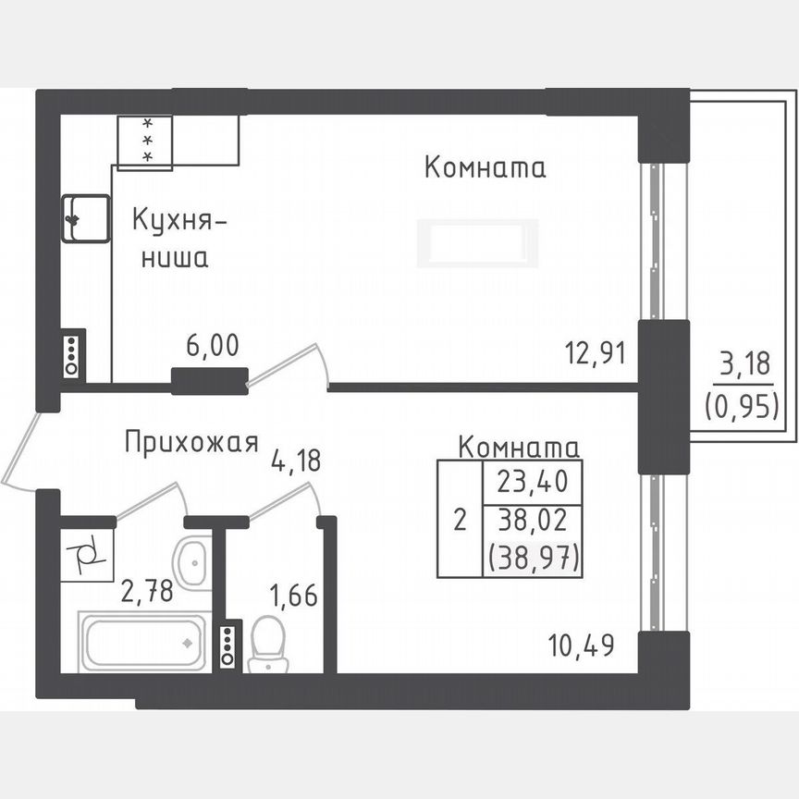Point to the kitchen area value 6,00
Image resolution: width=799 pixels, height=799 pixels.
213,347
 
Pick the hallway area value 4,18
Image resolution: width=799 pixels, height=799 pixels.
296,460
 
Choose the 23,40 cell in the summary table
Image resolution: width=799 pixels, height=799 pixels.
532,482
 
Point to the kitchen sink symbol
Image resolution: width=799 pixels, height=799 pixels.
85,219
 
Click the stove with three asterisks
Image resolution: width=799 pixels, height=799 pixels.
145,141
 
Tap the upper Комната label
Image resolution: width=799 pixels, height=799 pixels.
485,168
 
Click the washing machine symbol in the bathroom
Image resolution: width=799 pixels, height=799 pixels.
90,557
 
